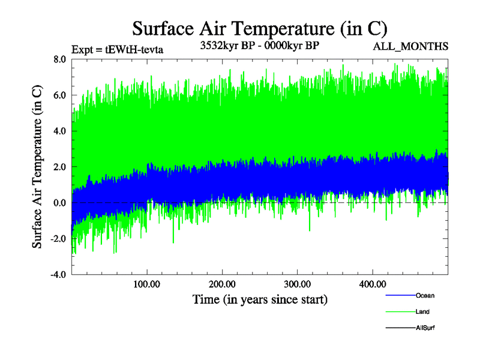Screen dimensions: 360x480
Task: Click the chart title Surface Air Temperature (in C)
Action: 260,28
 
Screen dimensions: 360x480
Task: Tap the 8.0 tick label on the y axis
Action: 59,59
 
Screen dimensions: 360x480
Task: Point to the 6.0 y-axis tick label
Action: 59,95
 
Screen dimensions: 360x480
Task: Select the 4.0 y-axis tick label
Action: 59,131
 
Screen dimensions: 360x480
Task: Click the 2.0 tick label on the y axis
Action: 59,167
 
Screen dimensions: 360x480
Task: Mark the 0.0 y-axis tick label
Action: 59,203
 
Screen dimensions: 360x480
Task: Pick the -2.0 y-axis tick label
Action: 58,239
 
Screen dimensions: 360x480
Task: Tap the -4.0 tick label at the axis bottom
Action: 58,275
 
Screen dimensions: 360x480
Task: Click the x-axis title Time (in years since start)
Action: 260,299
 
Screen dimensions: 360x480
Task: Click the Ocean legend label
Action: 425,296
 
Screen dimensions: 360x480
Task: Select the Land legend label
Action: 422,312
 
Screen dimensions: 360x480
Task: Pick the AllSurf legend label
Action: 425,328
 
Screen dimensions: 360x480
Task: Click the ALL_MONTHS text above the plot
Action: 410,46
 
